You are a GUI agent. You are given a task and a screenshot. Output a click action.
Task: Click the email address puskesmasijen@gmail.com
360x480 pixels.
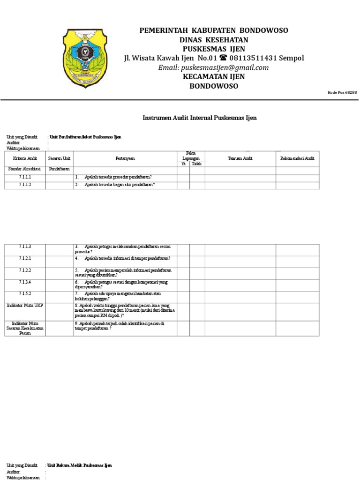click(214, 67)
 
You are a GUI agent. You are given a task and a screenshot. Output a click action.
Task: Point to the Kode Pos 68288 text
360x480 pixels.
click(342, 93)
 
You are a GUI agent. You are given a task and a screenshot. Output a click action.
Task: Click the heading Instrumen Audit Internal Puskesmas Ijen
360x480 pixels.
click(200, 118)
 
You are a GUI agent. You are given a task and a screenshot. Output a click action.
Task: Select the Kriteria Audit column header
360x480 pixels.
click(24, 159)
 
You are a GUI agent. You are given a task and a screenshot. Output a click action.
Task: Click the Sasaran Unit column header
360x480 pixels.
click(59, 159)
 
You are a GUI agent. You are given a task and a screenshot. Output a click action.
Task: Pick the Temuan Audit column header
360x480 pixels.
click(240, 159)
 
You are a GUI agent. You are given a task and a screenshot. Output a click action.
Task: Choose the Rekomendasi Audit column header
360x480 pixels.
click(297, 159)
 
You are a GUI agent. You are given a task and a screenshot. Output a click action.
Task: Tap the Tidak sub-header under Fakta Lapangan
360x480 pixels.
click(197, 164)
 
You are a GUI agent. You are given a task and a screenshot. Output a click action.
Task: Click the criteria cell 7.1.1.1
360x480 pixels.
click(24, 177)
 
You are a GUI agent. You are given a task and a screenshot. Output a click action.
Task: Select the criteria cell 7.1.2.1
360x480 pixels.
click(24, 258)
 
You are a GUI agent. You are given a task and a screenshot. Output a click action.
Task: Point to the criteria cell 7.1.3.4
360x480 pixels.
click(24, 282)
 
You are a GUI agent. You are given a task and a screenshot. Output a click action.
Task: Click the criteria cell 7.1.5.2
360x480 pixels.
click(24, 294)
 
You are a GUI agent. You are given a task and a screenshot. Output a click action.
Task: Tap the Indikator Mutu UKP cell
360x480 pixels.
click(24, 305)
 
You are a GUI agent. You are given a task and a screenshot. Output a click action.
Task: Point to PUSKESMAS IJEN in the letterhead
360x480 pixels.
click(214, 49)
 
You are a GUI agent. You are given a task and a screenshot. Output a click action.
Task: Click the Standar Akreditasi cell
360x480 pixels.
click(24, 169)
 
